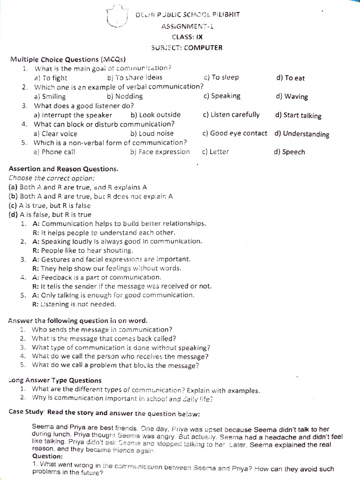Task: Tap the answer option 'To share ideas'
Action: (x=135, y=77)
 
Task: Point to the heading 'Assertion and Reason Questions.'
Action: (x=64, y=169)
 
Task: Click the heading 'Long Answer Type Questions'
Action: (x=55, y=380)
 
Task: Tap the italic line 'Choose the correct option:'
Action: (x=52, y=178)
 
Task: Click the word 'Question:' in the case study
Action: (x=47, y=456)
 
